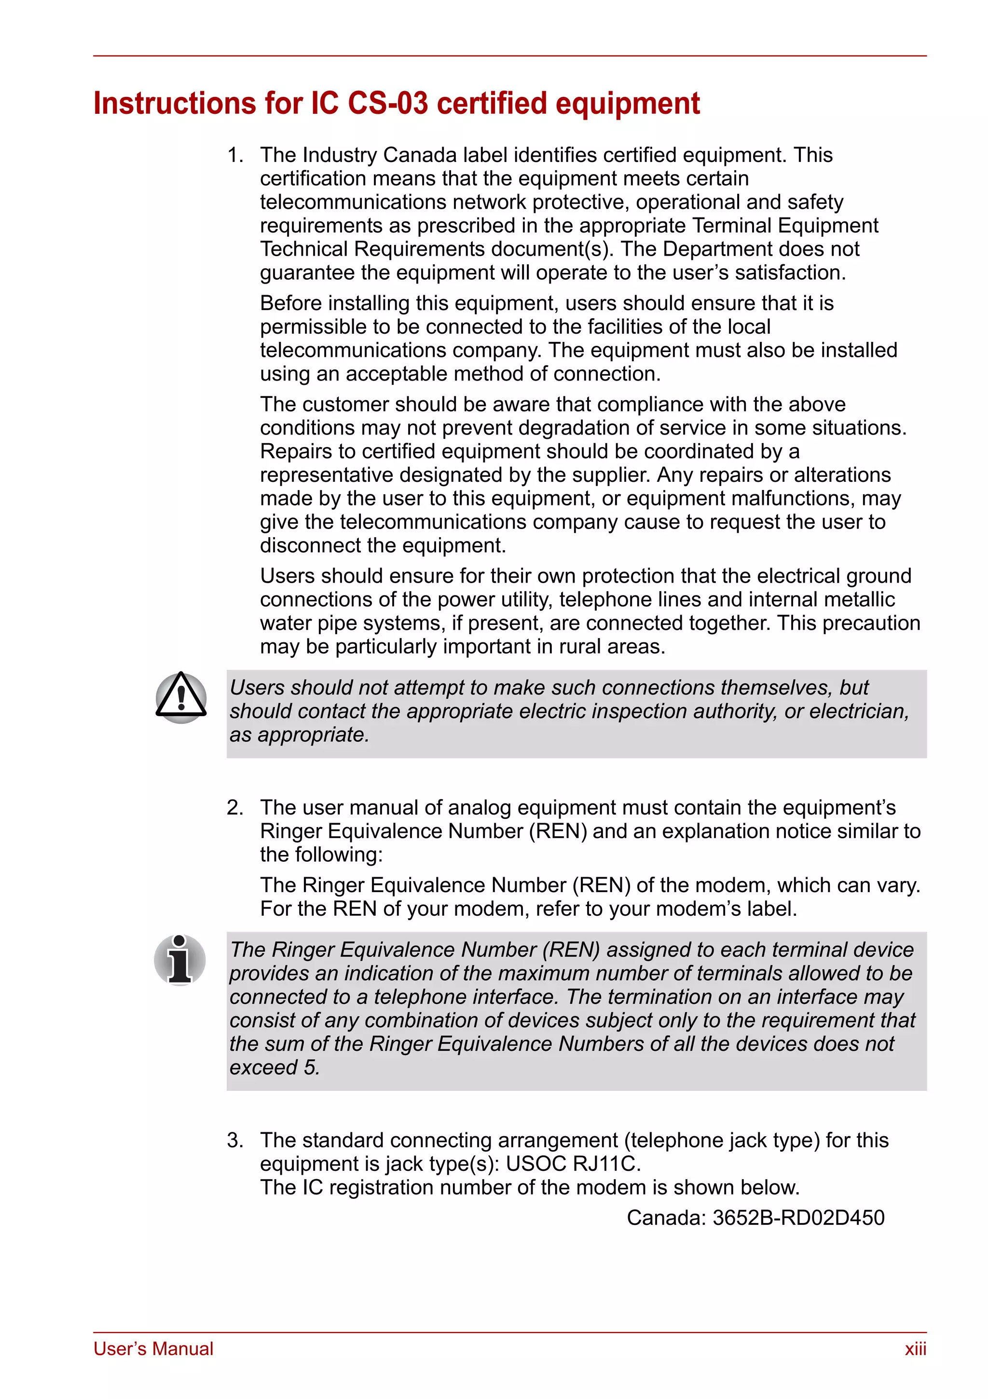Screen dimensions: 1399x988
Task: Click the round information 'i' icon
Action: point(180,960)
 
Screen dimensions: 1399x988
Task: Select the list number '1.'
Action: point(235,155)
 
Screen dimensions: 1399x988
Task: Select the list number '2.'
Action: point(235,808)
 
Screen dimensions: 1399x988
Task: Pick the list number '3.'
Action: point(235,1141)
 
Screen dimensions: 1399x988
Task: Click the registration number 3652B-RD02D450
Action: point(798,1218)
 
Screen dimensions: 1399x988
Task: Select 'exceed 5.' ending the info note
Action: point(275,1068)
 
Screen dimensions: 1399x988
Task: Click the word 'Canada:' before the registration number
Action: point(666,1218)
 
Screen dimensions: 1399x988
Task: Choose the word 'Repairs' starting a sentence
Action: point(297,451)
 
